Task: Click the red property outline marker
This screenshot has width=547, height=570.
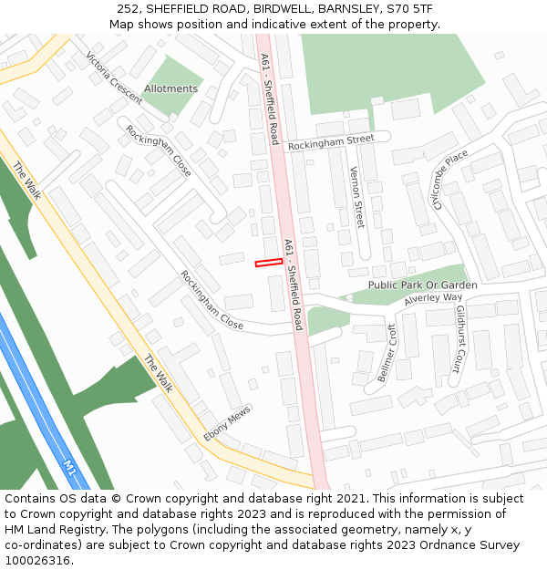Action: coord(268,263)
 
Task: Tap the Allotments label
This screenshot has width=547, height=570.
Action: coord(170,89)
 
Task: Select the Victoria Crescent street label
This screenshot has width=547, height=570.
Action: coord(114,78)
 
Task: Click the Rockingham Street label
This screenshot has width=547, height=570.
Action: coord(331,142)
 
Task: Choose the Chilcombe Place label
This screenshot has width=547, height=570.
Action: coord(451,179)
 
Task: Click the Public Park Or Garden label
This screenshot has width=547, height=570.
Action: coord(422,285)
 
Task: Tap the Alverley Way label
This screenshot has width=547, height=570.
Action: coord(433,298)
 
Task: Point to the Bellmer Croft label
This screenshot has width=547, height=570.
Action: coord(387,353)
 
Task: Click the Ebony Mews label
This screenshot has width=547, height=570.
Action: coord(227,425)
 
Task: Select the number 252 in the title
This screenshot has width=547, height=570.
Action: coord(128,9)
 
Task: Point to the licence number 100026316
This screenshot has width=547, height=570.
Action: coord(37,561)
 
